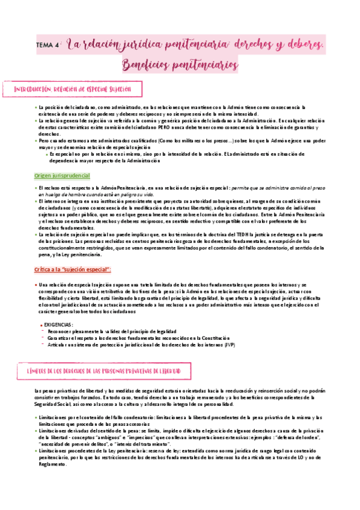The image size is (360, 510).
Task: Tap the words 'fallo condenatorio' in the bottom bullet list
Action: (133, 418)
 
